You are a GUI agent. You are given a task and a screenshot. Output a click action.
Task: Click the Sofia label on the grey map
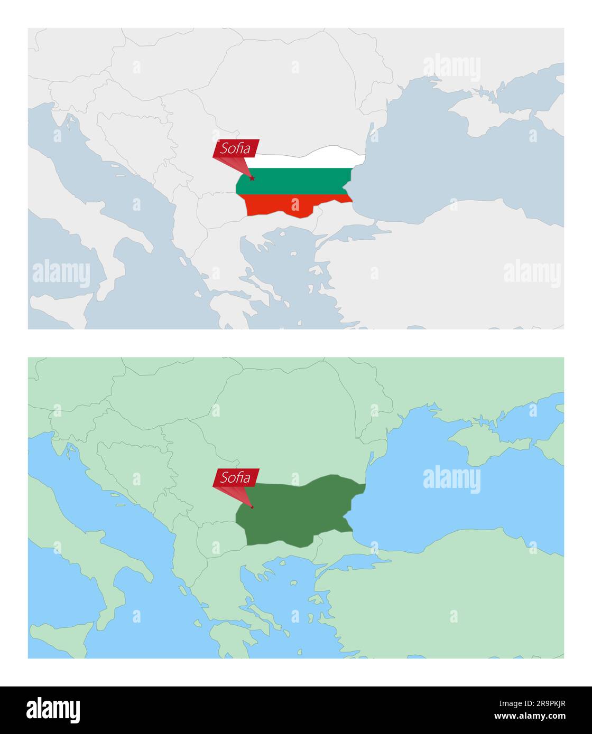coord(236,148)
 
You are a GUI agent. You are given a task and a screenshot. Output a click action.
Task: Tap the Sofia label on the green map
coord(236,477)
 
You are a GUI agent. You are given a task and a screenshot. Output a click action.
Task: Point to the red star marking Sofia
coord(252,178)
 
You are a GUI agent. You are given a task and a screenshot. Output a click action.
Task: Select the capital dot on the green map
coord(252,507)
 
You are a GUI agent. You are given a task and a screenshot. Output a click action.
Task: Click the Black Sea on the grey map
coord(449,174)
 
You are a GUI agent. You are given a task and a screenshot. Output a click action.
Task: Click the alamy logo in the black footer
coord(53,710)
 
